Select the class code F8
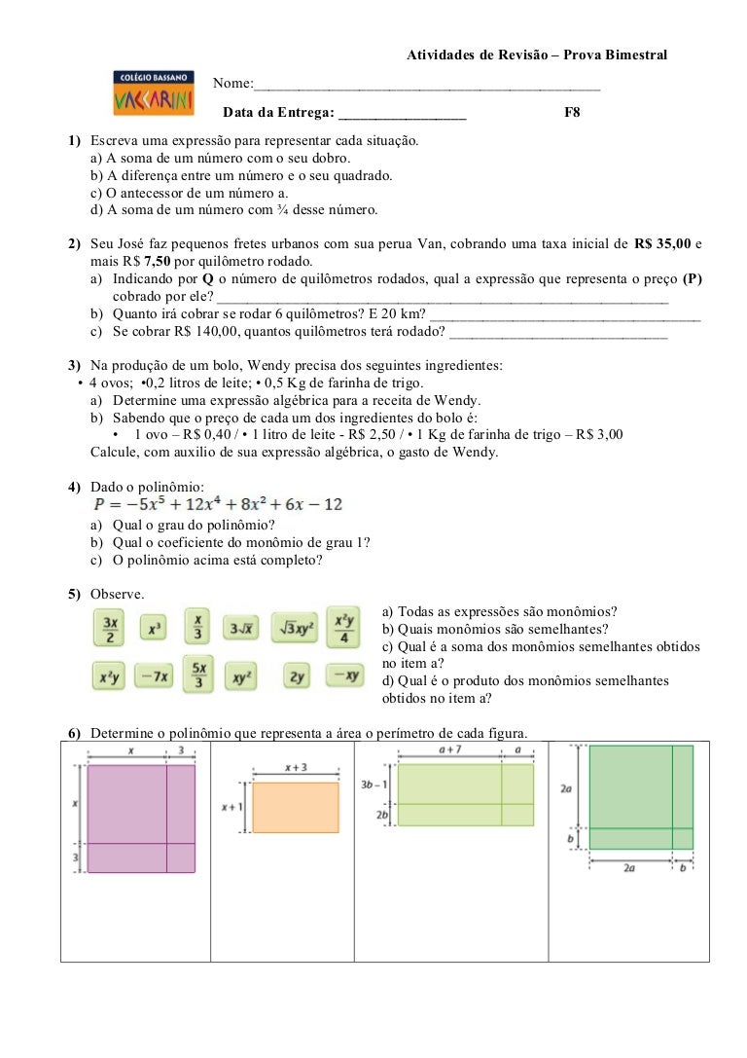573,113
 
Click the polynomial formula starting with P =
218,504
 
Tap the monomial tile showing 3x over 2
111,628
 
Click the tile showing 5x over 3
198,675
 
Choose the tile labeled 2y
298,675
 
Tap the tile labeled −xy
342,675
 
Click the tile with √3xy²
295,629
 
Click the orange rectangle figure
295,807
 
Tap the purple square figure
141,818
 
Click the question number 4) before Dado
74,486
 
